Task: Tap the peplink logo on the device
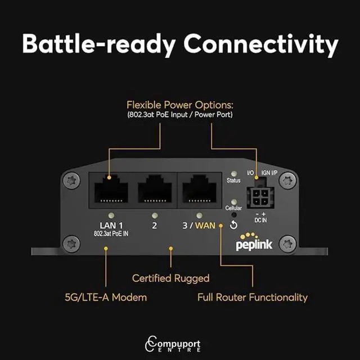click(258, 241)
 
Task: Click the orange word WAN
click(206, 226)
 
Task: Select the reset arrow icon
click(234, 226)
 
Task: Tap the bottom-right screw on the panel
click(289, 244)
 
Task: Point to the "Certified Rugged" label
click(170, 278)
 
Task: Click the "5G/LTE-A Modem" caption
click(105, 296)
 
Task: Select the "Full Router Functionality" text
click(253, 296)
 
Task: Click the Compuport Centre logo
click(180, 343)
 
